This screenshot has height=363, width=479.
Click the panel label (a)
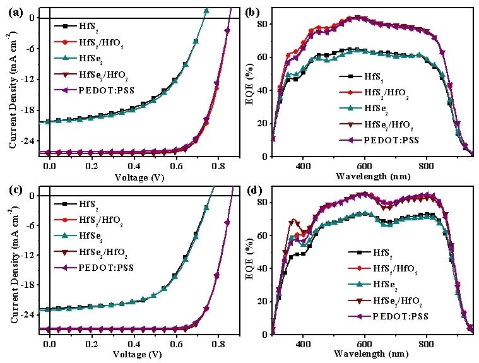coord(14,11)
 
